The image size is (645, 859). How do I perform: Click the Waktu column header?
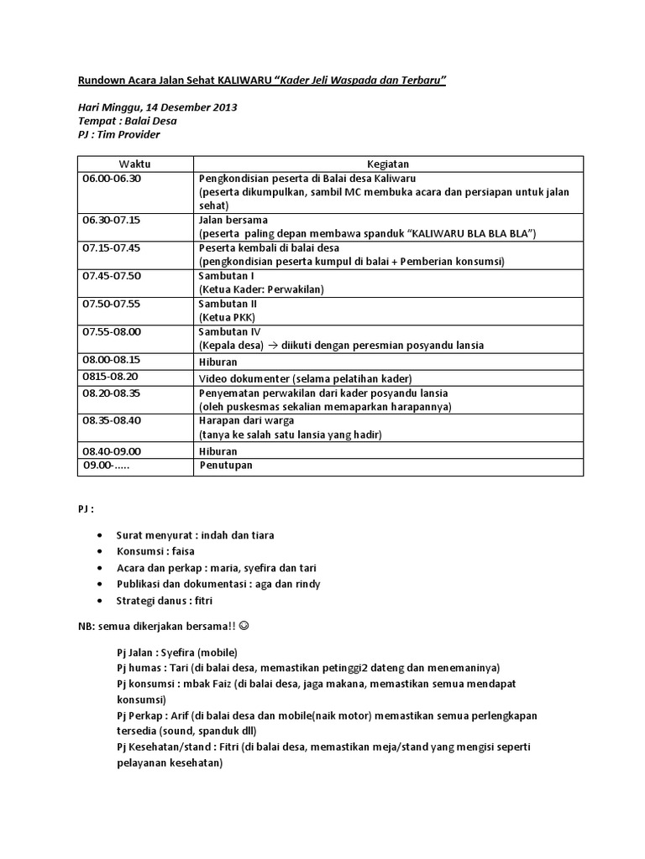[134, 164]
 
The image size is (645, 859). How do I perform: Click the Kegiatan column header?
[388, 164]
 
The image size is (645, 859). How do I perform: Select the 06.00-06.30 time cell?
[112, 179]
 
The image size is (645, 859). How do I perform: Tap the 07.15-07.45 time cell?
[112, 248]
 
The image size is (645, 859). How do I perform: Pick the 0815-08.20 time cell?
[110, 377]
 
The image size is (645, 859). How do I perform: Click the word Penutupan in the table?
[225, 466]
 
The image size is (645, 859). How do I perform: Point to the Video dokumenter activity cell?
[305, 377]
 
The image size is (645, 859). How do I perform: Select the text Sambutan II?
[227, 303]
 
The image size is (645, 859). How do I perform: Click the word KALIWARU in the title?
[249, 80]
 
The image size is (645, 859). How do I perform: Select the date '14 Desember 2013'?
[191, 107]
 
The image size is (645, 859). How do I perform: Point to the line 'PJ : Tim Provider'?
[118, 134]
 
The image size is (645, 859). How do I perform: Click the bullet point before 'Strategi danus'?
[101, 601]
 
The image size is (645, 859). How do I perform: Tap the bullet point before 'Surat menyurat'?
[101, 534]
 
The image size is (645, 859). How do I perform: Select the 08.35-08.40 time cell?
[112, 420]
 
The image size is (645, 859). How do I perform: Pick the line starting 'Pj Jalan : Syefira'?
[177, 652]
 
